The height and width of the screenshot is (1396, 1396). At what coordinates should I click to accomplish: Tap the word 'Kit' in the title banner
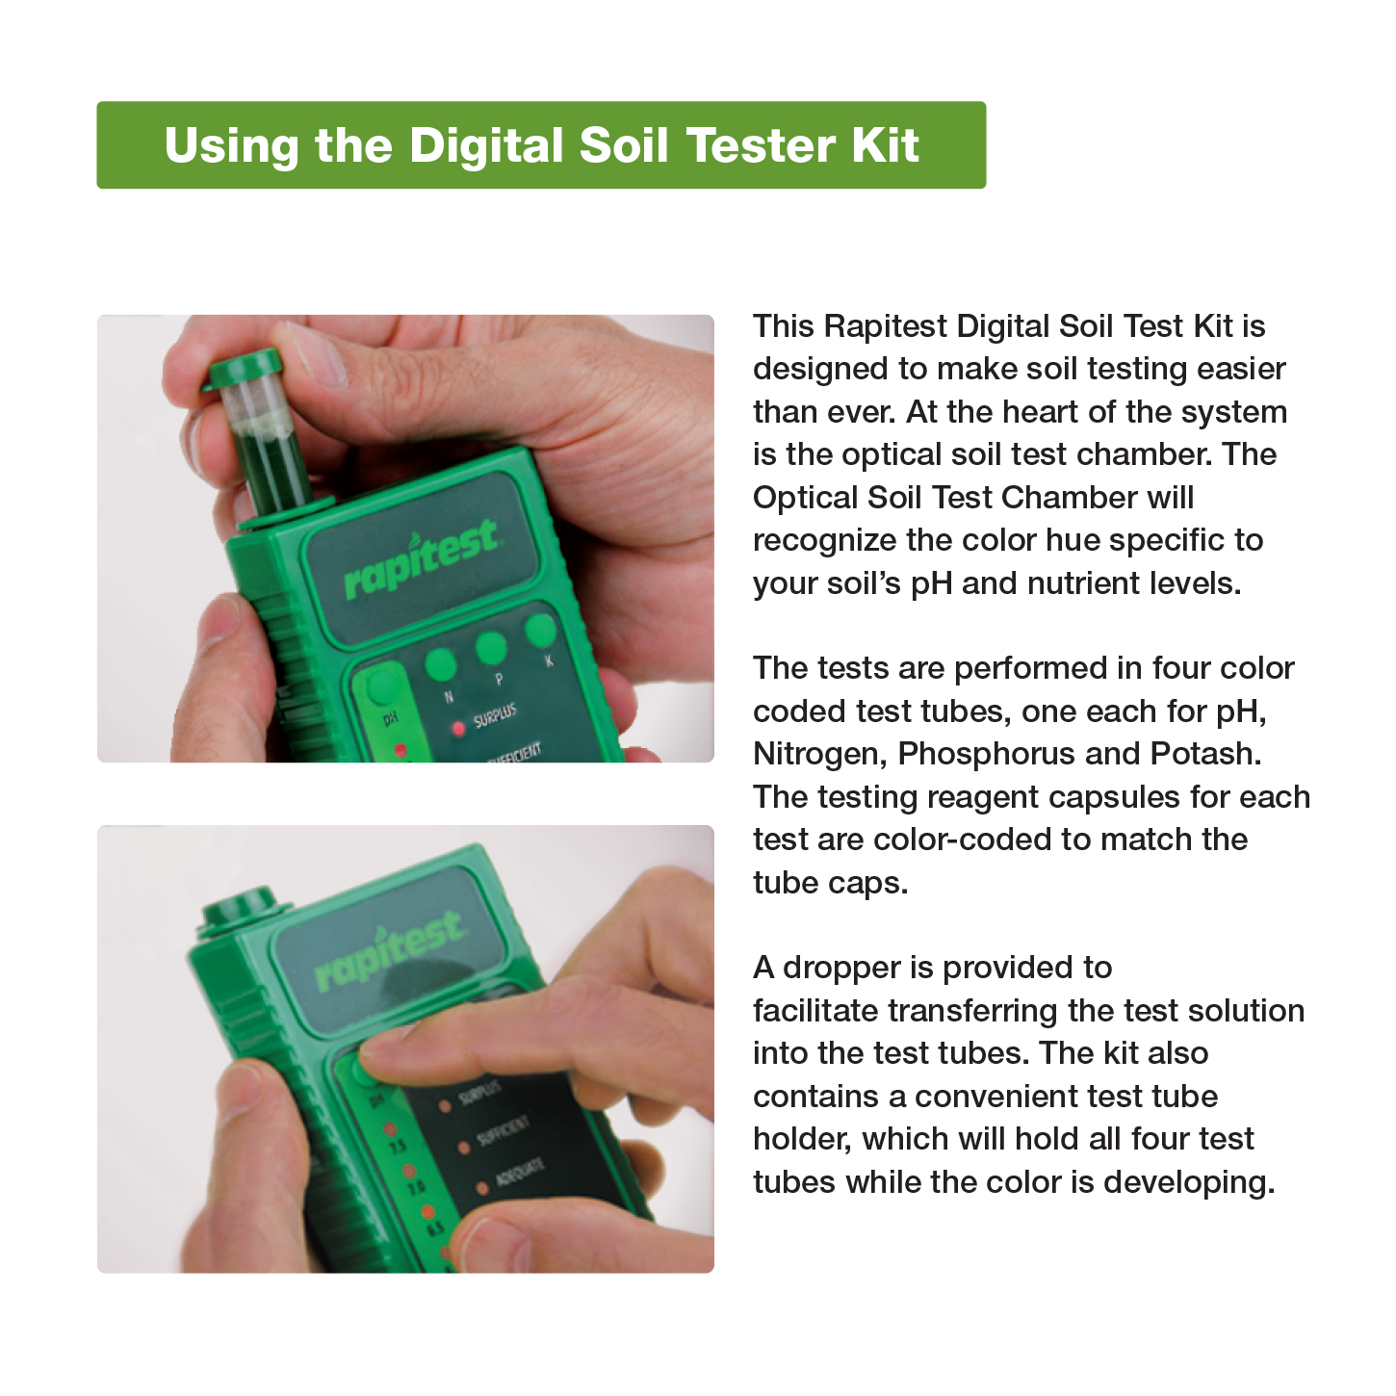885,146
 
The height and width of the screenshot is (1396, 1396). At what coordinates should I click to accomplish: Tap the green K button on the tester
540,631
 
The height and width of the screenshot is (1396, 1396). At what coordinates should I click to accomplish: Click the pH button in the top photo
382,686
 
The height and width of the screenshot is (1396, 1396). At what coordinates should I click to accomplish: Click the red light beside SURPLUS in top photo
458,727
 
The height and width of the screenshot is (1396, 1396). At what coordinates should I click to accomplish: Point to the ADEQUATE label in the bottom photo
520,1174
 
